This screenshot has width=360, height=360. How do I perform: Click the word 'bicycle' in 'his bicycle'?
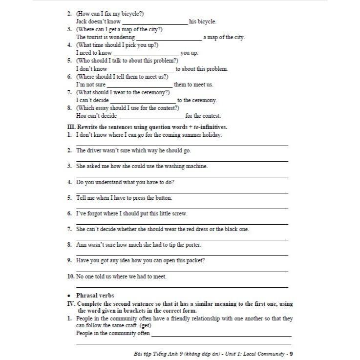[207, 21]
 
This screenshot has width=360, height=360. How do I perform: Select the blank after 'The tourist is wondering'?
[169, 37]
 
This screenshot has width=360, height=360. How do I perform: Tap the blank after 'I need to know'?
[146, 53]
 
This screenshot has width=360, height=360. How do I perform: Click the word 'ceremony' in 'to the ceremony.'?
[205, 100]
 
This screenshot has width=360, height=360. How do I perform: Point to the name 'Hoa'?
[81, 116]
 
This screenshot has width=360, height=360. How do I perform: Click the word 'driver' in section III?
[95, 150]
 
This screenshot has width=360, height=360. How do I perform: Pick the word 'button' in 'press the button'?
[162, 198]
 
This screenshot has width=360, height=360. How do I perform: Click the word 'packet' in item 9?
[193, 260]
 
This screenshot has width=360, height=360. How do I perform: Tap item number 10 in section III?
[71, 276]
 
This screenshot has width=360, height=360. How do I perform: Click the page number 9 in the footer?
[291, 354]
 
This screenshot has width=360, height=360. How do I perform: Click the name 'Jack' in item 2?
[82, 21]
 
